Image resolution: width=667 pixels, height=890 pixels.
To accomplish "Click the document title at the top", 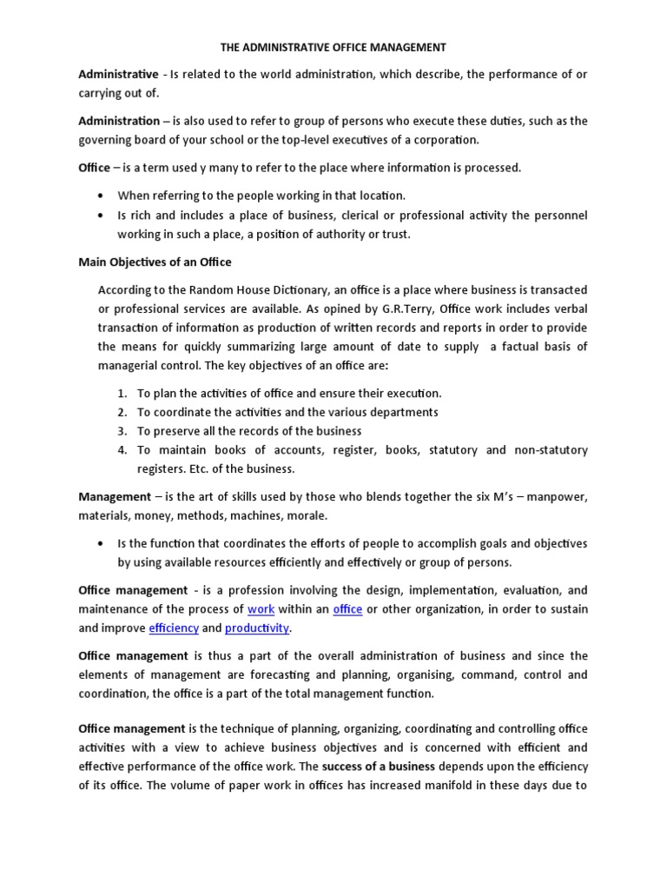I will [333, 47].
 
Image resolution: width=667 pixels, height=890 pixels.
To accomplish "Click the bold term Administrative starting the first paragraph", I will [118, 75].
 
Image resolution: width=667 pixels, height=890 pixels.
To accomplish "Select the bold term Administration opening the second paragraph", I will [119, 121].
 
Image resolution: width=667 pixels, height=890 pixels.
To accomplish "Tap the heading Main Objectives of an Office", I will [155, 262].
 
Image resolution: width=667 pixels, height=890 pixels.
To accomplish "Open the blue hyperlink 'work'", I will [261, 609].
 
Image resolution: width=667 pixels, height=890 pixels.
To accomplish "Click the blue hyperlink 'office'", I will [347, 609].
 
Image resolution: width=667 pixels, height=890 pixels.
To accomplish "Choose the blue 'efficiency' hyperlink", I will [174, 628].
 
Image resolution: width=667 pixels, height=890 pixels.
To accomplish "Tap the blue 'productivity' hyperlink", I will [257, 628].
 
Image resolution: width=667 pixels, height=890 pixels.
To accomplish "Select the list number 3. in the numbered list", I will [122, 431].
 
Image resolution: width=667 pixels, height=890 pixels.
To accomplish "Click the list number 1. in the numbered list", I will [122, 394].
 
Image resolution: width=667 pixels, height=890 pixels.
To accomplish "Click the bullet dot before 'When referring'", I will [104, 196].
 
